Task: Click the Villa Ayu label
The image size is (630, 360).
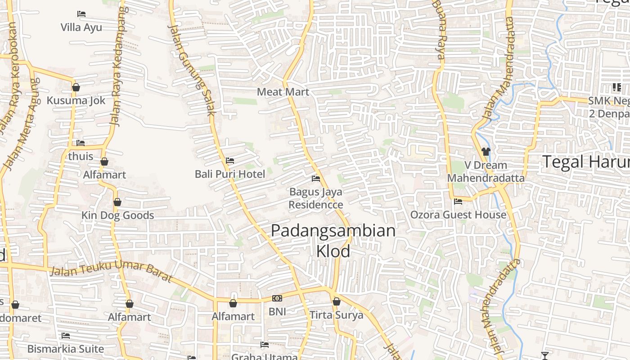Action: tap(81, 27)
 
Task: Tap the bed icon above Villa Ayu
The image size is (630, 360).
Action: tap(81, 14)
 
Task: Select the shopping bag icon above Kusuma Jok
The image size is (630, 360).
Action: tap(76, 87)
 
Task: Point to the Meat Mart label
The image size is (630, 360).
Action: tap(283, 92)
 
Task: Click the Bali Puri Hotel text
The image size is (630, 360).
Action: tap(230, 174)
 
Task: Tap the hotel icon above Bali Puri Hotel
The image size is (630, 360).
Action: tap(230, 161)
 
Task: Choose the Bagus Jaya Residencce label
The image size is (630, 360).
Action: tap(316, 198)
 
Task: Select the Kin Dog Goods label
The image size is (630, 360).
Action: tap(118, 216)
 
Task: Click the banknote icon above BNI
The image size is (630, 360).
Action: tap(277, 298)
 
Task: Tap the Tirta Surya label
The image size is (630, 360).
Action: tap(336, 315)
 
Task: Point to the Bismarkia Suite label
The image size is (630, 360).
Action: tap(66, 349)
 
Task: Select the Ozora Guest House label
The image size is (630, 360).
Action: tap(458, 215)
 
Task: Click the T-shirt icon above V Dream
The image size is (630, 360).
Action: tap(486, 152)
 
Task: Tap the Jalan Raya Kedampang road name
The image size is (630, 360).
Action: tap(117, 67)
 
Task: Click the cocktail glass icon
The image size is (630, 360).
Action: tap(545, 356)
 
